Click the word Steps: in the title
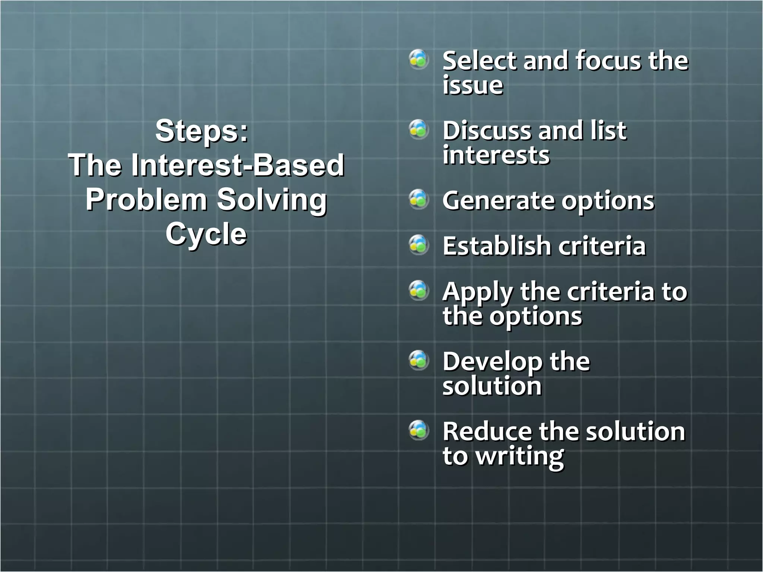pos(202,131)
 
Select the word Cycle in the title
pos(206,234)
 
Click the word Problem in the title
pos(146,200)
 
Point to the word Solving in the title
pos(272,200)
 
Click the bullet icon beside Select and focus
pos(419,59)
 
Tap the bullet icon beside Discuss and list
pos(419,129)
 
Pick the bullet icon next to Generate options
pos(419,199)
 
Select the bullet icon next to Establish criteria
pos(419,245)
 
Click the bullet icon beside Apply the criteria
pos(419,290)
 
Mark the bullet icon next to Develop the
pos(419,360)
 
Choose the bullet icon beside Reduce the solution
pos(419,430)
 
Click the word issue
pos(473,85)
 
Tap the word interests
pos(496,155)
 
